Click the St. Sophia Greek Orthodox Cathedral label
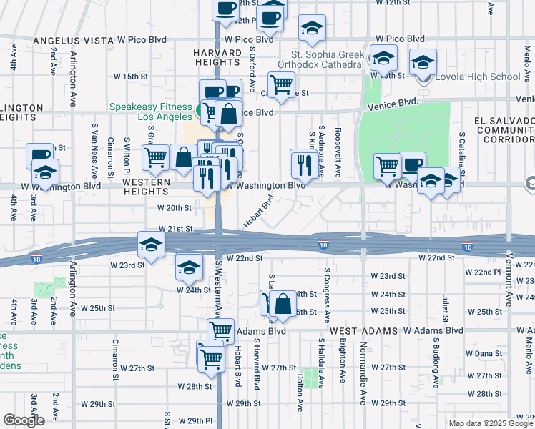pos(329,59)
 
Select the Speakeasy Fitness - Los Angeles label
pos(150,112)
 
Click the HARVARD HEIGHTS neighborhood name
pos(220,58)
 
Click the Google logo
pos(24,420)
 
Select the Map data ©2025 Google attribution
pos(491,423)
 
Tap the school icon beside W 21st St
pos(151,244)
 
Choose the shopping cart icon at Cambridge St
pos(282,84)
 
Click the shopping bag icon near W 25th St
pos(284,302)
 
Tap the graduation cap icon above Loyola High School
pos(424,62)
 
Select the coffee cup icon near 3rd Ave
pos(40,155)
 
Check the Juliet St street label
pos(445,305)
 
